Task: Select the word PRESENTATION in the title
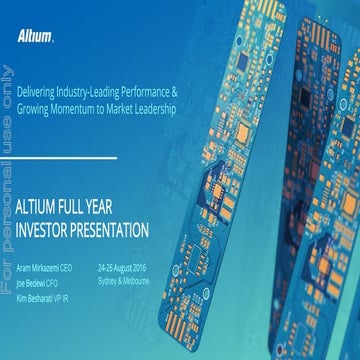(x=113, y=229)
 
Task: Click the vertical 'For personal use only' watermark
(x=8, y=180)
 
